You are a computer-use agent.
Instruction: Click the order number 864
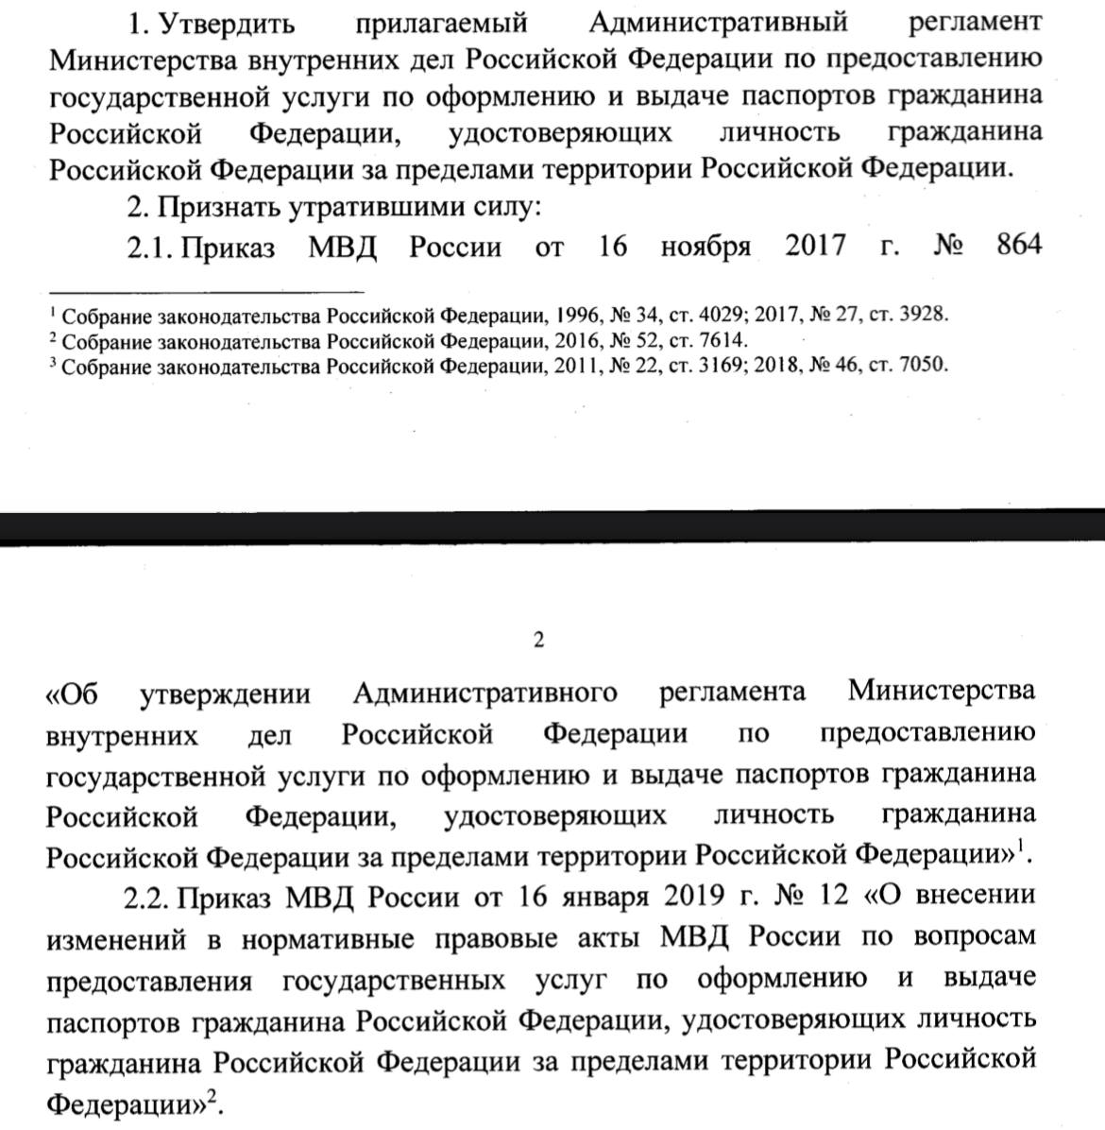1018,247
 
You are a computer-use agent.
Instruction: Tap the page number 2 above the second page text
539,641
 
